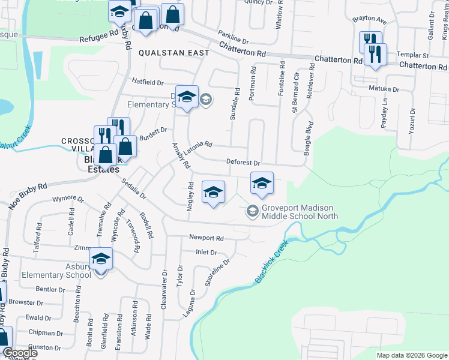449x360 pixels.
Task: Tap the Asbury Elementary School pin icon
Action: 101,259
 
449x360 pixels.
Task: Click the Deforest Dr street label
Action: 243,163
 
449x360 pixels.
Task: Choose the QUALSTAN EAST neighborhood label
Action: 174,53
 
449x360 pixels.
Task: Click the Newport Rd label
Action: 206,238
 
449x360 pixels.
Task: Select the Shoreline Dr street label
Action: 218,273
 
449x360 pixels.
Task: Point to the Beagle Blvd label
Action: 308,139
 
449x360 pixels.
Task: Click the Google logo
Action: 19,353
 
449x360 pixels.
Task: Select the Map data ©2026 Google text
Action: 412,355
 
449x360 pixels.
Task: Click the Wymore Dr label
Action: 68,198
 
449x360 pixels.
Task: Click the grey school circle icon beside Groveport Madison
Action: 253,211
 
